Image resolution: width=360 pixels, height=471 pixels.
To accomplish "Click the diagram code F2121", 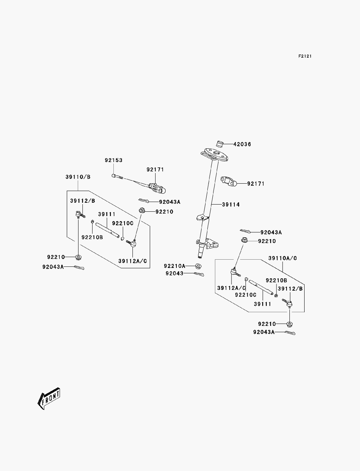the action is click(305, 56).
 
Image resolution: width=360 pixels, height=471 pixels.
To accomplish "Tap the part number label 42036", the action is click(242, 144).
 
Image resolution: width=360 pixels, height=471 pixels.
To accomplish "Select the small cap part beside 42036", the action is click(220, 144).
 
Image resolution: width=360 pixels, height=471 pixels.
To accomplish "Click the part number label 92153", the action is click(113, 160).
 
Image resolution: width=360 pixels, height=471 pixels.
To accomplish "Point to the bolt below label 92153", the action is click(117, 176).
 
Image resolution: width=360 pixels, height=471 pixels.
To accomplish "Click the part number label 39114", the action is click(231, 205).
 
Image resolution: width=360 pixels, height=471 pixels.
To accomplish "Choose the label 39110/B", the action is click(78, 177).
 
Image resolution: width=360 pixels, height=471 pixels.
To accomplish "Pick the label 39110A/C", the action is click(283, 258).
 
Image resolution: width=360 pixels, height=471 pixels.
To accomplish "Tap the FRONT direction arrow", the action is click(49, 399).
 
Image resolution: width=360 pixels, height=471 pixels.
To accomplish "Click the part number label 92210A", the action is click(175, 266).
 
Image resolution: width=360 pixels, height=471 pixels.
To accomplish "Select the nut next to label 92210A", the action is click(198, 266).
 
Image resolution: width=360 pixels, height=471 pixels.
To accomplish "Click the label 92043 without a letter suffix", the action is click(175, 273).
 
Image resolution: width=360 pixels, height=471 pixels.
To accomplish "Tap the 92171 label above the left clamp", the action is click(155, 170).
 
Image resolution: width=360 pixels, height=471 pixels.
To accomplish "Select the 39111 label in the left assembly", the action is click(107, 214).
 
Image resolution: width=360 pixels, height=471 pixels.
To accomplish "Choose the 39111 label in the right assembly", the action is click(262, 304).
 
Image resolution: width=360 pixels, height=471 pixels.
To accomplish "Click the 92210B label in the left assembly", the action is click(92, 237).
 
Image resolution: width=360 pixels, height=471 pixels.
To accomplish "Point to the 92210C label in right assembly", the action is click(246, 295).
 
